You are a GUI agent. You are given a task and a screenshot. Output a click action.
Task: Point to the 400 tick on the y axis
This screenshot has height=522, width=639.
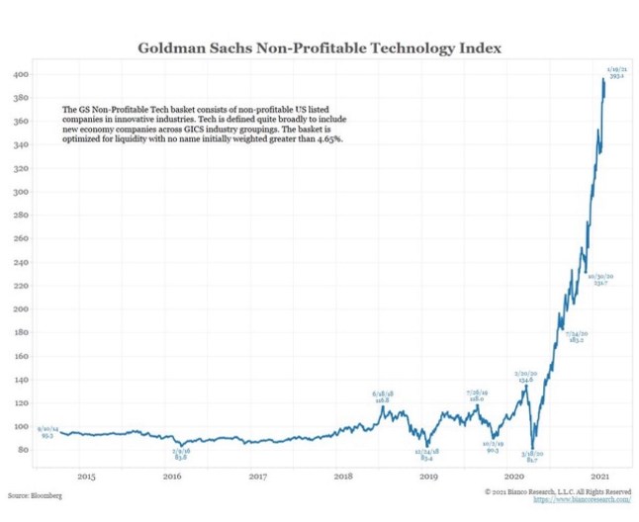click(x=20, y=74)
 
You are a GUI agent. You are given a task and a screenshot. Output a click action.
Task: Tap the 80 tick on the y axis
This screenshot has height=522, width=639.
click(x=22, y=450)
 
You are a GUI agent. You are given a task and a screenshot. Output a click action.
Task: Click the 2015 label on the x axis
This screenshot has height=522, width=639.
click(x=86, y=477)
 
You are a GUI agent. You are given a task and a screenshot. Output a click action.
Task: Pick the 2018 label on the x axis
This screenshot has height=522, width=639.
click(x=342, y=477)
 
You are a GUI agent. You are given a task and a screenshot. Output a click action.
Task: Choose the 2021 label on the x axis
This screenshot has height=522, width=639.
click(x=599, y=477)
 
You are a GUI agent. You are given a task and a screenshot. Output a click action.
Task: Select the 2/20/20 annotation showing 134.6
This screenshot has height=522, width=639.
click(x=524, y=376)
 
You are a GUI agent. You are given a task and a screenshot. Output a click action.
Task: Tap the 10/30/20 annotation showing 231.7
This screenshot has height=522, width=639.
click(x=600, y=279)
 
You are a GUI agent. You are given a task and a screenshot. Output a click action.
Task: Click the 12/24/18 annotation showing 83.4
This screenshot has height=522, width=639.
click(x=428, y=455)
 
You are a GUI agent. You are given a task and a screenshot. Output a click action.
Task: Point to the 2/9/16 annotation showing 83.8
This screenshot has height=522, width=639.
click(x=182, y=455)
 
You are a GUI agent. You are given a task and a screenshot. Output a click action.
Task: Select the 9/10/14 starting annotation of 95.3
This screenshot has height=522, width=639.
click(x=46, y=431)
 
